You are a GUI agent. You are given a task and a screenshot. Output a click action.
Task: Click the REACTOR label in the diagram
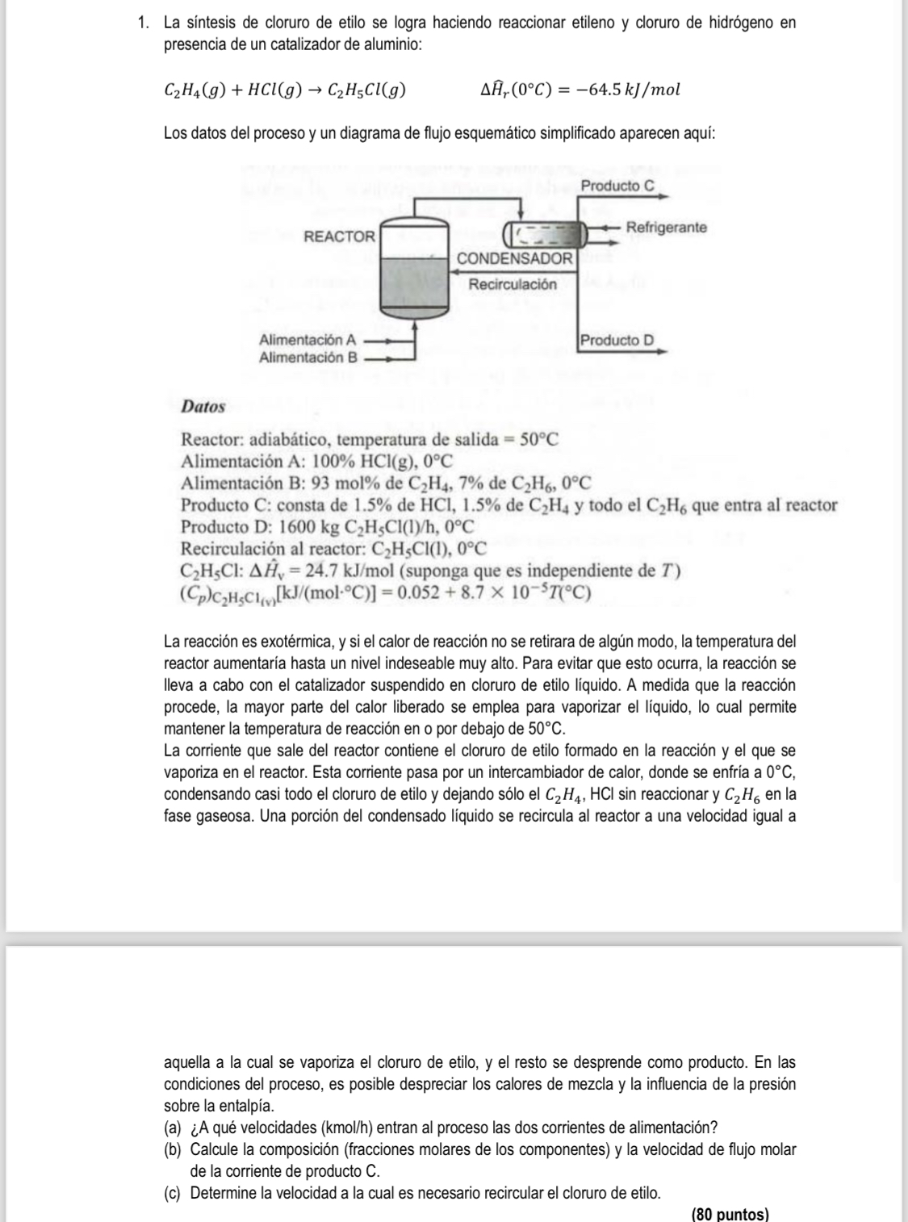[x=339, y=236]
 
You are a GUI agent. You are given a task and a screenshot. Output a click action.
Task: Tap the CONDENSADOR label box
[x=515, y=259]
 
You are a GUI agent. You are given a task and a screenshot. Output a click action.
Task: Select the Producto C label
[x=617, y=186]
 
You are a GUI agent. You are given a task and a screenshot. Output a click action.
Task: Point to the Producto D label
[x=617, y=340]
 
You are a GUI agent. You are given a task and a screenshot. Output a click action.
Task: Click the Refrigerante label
[x=666, y=228]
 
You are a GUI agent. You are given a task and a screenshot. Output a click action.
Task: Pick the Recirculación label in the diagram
[x=513, y=284]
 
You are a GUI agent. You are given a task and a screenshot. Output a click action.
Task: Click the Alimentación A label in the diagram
[x=308, y=341]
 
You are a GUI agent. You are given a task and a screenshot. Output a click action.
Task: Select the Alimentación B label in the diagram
[x=308, y=356]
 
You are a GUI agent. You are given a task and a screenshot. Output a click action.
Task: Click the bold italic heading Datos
[x=203, y=407]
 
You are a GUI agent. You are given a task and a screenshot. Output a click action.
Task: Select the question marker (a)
[x=173, y=1128]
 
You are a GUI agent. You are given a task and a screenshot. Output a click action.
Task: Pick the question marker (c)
[x=173, y=1193]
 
